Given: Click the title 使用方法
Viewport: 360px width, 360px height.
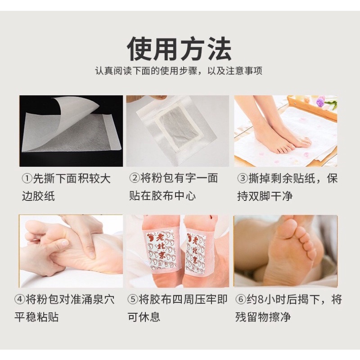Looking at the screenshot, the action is coord(179,50).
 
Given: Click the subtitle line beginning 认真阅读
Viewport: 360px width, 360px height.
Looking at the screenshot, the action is coord(179,71).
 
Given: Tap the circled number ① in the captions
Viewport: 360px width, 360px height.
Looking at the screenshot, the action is coord(27,179).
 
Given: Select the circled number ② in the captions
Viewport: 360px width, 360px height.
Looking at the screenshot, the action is coord(134,178).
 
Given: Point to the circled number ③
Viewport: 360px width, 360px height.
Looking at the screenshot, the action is coord(243,178).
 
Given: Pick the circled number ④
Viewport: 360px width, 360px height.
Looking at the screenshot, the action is coord(19,300).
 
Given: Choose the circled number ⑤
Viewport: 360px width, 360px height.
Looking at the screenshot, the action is coord(133,300).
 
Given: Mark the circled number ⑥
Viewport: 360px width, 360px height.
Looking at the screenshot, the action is coord(241,300).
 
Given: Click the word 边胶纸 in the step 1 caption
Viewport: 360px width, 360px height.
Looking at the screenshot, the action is coord(38,196).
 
